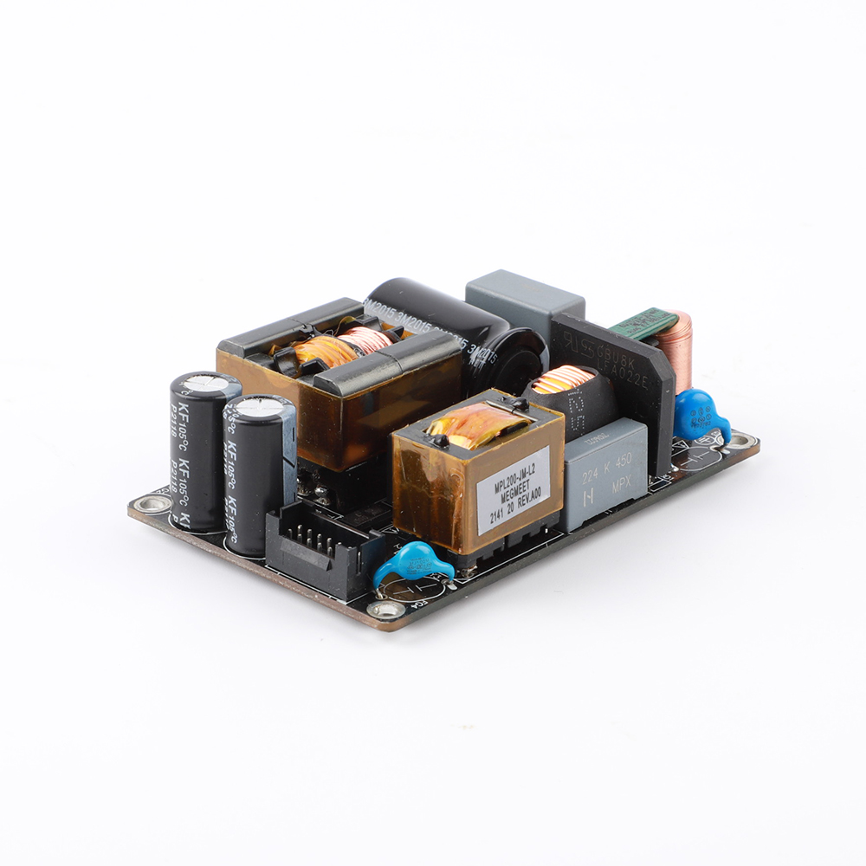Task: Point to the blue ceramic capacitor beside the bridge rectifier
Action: click(x=700, y=415)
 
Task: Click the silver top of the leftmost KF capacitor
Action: click(x=205, y=384)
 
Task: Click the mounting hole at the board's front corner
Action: click(x=389, y=612)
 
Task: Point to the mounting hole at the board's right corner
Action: click(x=741, y=443)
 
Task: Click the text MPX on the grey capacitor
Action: click(x=623, y=487)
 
